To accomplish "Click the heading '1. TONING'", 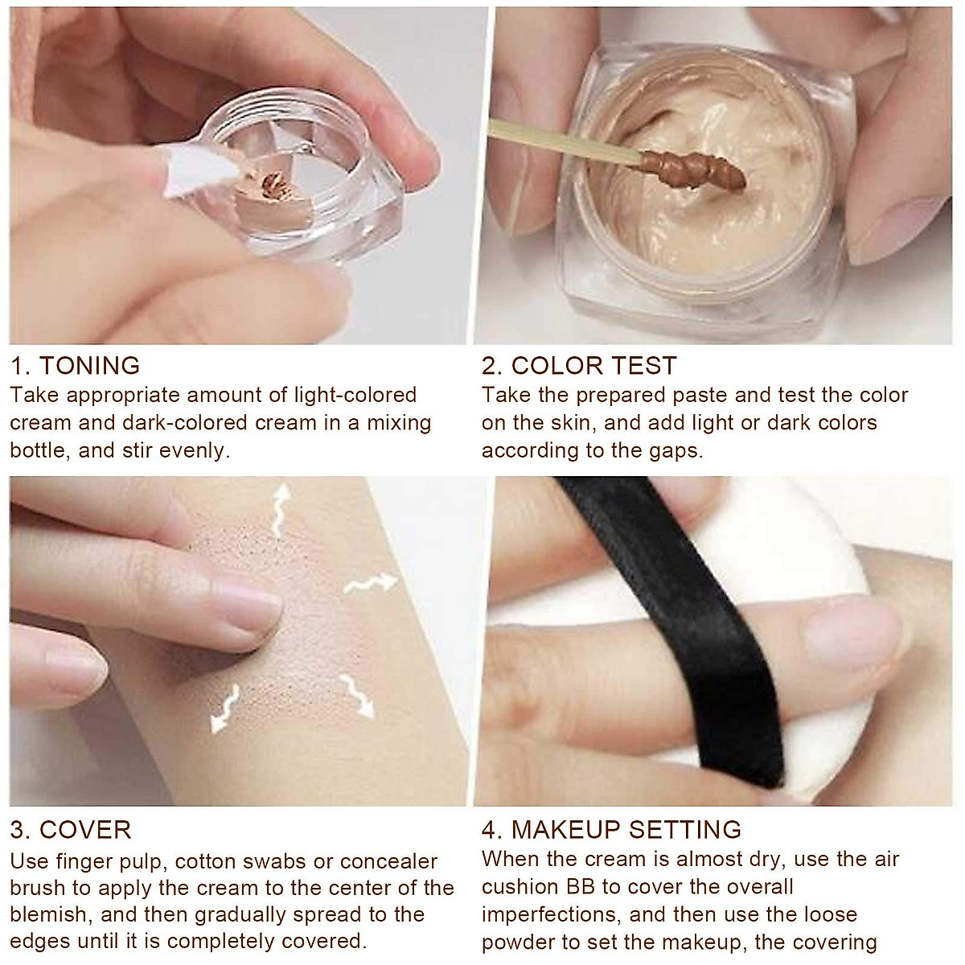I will click(x=76, y=365).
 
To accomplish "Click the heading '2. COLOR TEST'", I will click(x=579, y=365).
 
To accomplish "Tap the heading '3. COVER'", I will click(x=71, y=829).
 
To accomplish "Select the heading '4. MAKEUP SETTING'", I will click(x=611, y=829).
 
